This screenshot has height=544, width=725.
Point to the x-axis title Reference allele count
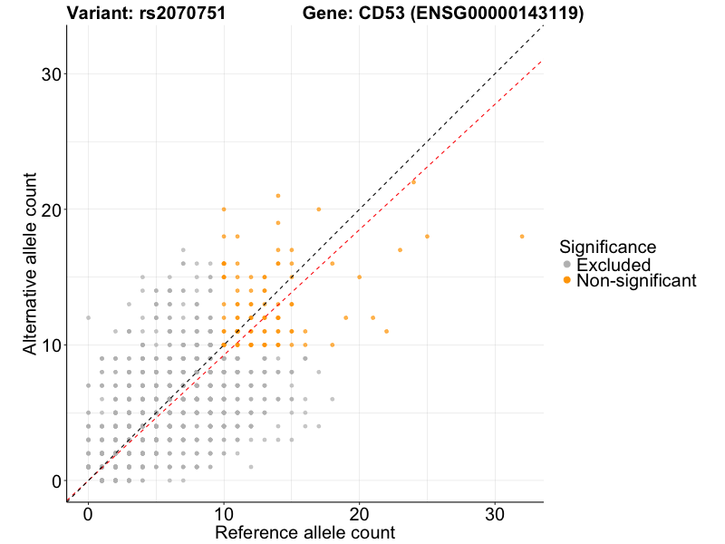[304, 532]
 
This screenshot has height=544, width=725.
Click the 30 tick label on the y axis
[53, 73]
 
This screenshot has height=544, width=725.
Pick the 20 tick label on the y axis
[53, 209]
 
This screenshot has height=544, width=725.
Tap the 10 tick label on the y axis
[53, 345]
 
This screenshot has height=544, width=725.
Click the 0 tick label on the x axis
[88, 512]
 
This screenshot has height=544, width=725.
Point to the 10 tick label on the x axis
[224, 512]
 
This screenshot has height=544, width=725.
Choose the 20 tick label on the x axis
[360, 512]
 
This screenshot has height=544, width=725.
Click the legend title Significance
[607, 247]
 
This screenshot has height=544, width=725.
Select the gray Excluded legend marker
[567, 265]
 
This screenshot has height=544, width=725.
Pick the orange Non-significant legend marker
[567, 281]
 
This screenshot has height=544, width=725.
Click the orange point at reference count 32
[522, 236]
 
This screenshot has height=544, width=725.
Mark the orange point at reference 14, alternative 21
[278, 196]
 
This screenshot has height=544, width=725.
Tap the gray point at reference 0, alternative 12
[88, 318]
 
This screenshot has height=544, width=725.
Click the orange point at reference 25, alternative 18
[427, 236]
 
